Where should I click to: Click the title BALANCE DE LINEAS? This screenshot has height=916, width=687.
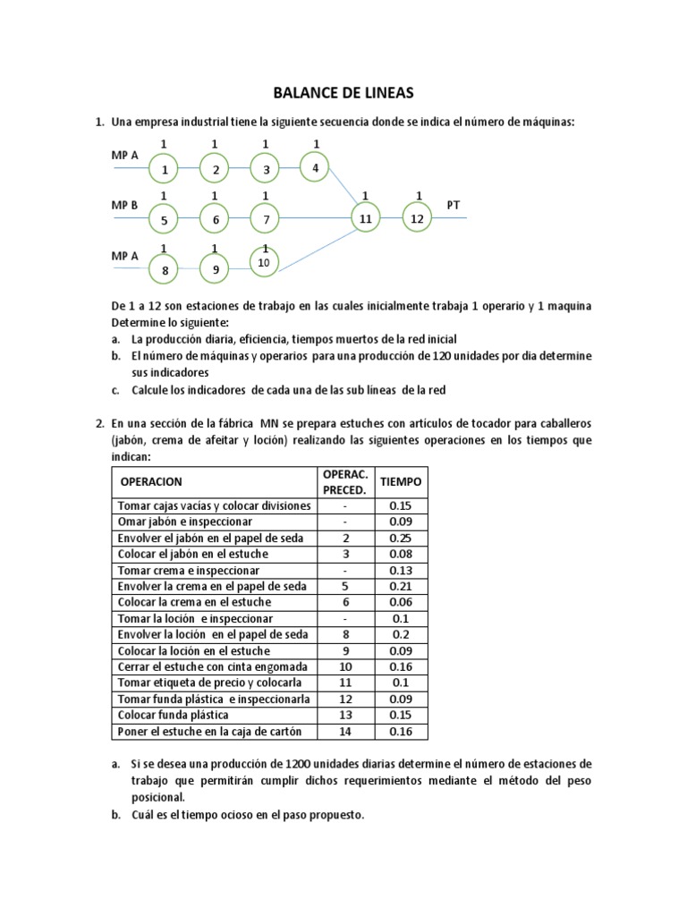click(343, 92)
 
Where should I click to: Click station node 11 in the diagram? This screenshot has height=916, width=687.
click(365, 217)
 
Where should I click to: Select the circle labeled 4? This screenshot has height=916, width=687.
click(314, 167)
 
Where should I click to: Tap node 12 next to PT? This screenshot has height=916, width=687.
click(416, 217)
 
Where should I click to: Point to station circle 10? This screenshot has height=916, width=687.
click(264, 261)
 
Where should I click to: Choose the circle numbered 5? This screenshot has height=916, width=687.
click(164, 219)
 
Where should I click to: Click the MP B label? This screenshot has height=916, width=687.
click(124, 205)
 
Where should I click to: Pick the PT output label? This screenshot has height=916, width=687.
click(454, 205)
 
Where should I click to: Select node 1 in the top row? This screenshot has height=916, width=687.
click(164, 168)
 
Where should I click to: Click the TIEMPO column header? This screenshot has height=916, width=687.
click(401, 481)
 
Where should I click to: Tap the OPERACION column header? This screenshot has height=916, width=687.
click(151, 481)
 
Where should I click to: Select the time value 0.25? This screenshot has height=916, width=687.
click(401, 538)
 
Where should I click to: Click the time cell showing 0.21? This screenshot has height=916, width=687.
click(401, 586)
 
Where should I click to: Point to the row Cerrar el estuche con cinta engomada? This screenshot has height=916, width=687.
click(213, 666)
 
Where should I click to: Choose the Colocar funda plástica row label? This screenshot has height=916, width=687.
click(174, 715)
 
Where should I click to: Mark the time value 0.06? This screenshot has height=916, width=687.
click(401, 602)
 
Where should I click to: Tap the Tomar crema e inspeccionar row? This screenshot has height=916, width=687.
click(189, 570)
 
